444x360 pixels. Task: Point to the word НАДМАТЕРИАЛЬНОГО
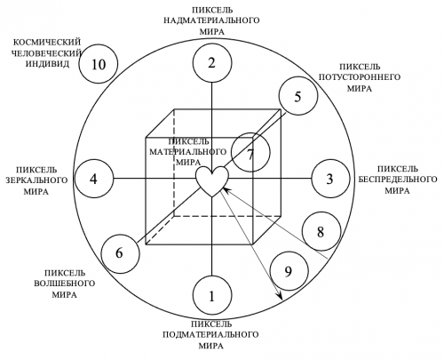(x=211, y=20)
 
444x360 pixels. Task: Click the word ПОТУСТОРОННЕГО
(x=360, y=77)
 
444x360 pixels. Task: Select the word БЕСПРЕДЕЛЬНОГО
(x=398, y=180)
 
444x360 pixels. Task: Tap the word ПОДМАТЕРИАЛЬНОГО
(x=210, y=335)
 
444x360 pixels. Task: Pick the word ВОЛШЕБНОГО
(x=65, y=284)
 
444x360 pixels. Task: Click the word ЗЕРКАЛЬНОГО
(x=36, y=180)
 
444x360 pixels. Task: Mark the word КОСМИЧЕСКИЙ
(x=47, y=43)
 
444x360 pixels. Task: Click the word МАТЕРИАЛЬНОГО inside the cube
(x=187, y=152)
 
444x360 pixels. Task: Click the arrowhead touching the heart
(x=226, y=190)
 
